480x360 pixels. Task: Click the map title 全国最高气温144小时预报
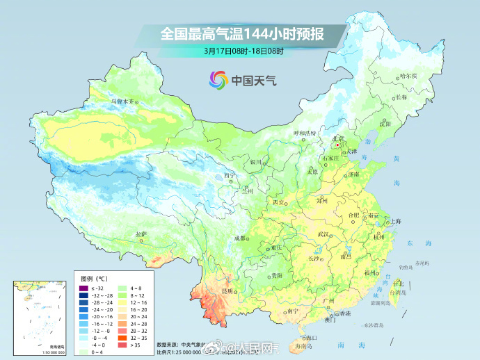click(x=241, y=33)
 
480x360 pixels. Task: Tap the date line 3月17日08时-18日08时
click(x=243, y=51)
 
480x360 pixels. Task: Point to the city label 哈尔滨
click(x=408, y=76)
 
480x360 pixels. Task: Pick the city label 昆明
click(x=227, y=291)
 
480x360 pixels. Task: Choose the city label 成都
click(x=240, y=238)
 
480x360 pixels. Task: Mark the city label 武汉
click(x=323, y=234)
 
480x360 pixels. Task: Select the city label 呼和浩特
click(x=304, y=132)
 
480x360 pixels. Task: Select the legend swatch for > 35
click(x=122, y=344)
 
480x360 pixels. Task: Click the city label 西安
click(x=279, y=202)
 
